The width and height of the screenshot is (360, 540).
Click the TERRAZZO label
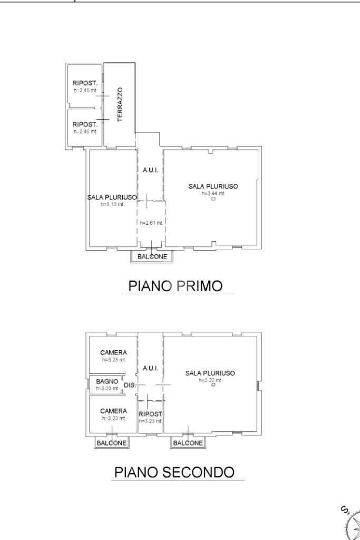pyautogui.click(x=120, y=105)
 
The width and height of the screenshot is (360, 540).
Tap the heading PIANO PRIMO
pyautogui.click(x=176, y=286)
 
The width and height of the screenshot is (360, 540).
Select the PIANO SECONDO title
pyautogui.click(x=174, y=472)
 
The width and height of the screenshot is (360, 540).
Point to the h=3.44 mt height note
pyautogui.click(x=213, y=193)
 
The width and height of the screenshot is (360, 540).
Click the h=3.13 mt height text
pyautogui.click(x=112, y=204)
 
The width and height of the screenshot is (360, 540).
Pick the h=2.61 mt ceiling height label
pyautogui.click(x=151, y=223)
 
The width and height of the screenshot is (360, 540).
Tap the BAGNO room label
pyautogui.click(x=107, y=381)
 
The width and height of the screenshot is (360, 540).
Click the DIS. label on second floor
pyautogui.click(x=129, y=385)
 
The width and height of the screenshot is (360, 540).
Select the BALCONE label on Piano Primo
pyautogui.click(x=152, y=257)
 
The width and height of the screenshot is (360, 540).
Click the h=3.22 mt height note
pyautogui.click(x=210, y=380)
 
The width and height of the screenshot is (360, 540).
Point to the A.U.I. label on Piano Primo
pyautogui.click(x=150, y=170)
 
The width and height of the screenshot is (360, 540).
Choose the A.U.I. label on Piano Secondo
pyautogui.click(x=150, y=368)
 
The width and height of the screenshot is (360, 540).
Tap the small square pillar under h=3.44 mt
pyautogui.click(x=213, y=199)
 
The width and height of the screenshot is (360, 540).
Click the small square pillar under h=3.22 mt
pyautogui.click(x=213, y=385)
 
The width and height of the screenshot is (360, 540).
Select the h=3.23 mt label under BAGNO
pyautogui.click(x=106, y=388)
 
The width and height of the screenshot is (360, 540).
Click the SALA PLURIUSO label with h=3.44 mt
pyautogui.click(x=213, y=186)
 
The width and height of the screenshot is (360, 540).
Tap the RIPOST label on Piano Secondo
pyautogui.click(x=150, y=414)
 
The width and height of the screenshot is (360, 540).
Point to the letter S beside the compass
pyautogui.click(x=344, y=510)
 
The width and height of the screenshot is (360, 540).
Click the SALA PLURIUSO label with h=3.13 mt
pyautogui.click(x=112, y=197)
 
